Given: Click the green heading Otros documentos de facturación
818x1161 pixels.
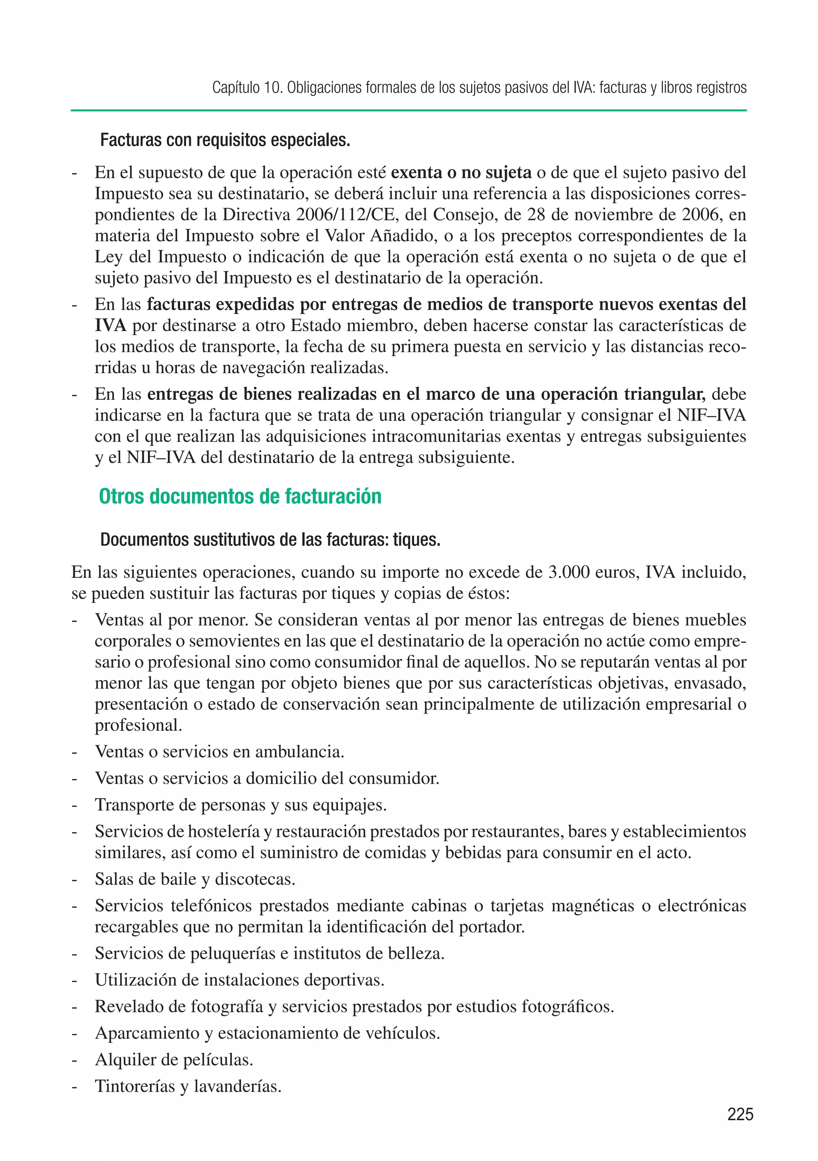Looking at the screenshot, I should [240, 497].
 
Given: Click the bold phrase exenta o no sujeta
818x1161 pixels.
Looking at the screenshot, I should [461, 173].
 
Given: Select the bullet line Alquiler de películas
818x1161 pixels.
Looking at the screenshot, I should [174, 1060].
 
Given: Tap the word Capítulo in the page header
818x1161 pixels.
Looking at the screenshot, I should [234, 88].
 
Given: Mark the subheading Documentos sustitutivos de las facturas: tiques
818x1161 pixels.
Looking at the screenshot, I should [270, 540].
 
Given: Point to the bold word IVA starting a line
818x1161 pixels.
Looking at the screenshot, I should [110, 326].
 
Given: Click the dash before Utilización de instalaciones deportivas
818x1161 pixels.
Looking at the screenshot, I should [74, 980].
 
